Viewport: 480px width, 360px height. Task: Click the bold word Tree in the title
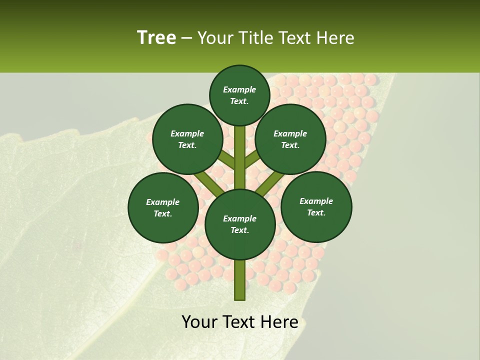(x=156, y=37)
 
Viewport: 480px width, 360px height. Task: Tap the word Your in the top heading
(x=214, y=37)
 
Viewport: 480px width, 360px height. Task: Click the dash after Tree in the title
(x=187, y=38)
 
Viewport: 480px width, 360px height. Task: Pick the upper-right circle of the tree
(x=290, y=139)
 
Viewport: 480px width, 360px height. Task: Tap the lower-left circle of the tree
(x=163, y=207)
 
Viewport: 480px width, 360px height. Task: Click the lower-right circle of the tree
(x=316, y=206)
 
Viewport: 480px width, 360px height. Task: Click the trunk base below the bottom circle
(x=240, y=280)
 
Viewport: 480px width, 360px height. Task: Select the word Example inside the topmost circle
(x=239, y=89)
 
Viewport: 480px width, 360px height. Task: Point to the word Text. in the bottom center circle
(x=239, y=230)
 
